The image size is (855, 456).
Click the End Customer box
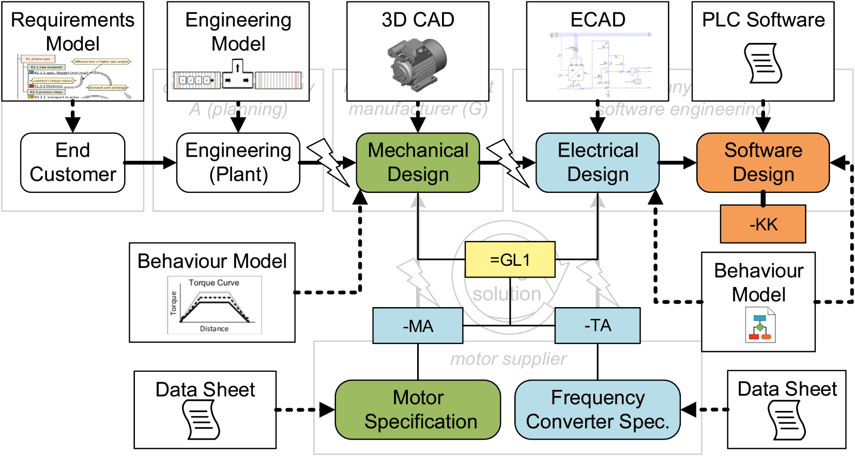point(73,163)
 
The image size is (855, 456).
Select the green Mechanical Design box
point(418,163)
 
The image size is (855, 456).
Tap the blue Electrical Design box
point(598,163)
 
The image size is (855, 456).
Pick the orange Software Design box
point(763,163)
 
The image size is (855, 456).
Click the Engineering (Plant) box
point(238,163)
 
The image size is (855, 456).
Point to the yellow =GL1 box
point(510,260)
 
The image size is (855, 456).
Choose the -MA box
point(418,326)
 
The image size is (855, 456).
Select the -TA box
point(598,326)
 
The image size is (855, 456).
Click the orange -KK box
point(763,224)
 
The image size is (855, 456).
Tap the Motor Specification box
point(418,409)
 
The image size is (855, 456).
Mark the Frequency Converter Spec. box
point(598,409)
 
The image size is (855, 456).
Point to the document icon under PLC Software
point(763,63)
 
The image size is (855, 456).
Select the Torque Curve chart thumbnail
point(214,306)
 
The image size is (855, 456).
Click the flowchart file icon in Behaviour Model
point(760,325)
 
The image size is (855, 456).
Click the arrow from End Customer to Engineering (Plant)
point(150,163)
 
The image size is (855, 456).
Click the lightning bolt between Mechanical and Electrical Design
point(508,162)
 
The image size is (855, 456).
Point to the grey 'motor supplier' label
point(508,359)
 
